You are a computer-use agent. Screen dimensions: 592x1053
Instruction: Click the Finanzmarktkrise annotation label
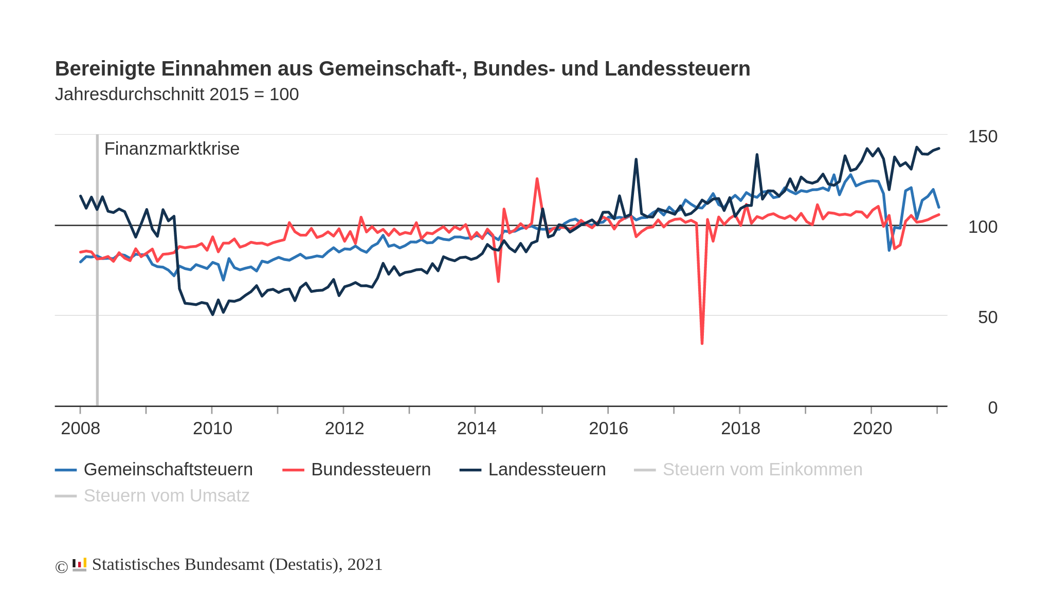pyautogui.click(x=172, y=149)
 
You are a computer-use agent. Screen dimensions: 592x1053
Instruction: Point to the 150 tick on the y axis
pyautogui.click(x=982, y=136)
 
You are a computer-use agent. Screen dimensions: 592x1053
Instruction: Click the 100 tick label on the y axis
pyautogui.click(x=982, y=227)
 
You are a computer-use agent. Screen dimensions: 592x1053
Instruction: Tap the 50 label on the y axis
pyautogui.click(x=987, y=317)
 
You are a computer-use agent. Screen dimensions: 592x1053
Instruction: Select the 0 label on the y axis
pyautogui.click(x=992, y=408)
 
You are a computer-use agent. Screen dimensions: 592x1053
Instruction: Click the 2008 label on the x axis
pyautogui.click(x=80, y=428)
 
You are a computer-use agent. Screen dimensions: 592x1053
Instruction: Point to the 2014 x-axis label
pyautogui.click(x=476, y=428)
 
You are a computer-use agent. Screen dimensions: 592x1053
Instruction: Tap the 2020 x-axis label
pyautogui.click(x=872, y=428)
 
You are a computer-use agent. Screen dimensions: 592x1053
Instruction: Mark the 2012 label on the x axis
pyautogui.click(x=344, y=428)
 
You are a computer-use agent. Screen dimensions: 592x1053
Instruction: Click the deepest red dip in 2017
pyautogui.click(x=702, y=343)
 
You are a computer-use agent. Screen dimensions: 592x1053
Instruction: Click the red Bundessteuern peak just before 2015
pyautogui.click(x=537, y=179)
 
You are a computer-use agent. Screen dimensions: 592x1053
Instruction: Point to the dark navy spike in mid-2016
pyautogui.click(x=636, y=160)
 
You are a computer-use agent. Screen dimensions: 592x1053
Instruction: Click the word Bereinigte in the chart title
pyautogui.click(x=105, y=68)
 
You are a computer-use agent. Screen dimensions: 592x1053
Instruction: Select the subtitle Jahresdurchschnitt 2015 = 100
pyautogui.click(x=176, y=95)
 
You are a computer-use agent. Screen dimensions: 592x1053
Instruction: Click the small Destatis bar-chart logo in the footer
pyautogui.click(x=79, y=564)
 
